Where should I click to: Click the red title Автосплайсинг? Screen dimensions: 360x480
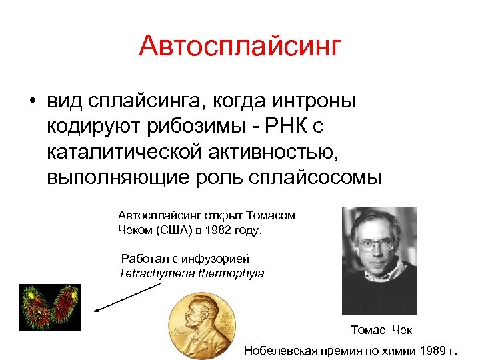click(240, 47)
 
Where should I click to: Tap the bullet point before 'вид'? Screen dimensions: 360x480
click(31, 102)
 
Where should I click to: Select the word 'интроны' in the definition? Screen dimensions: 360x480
click(314, 101)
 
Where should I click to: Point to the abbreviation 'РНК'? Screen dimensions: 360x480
click(287, 127)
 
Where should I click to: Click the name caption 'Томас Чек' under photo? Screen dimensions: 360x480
click(382, 330)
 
